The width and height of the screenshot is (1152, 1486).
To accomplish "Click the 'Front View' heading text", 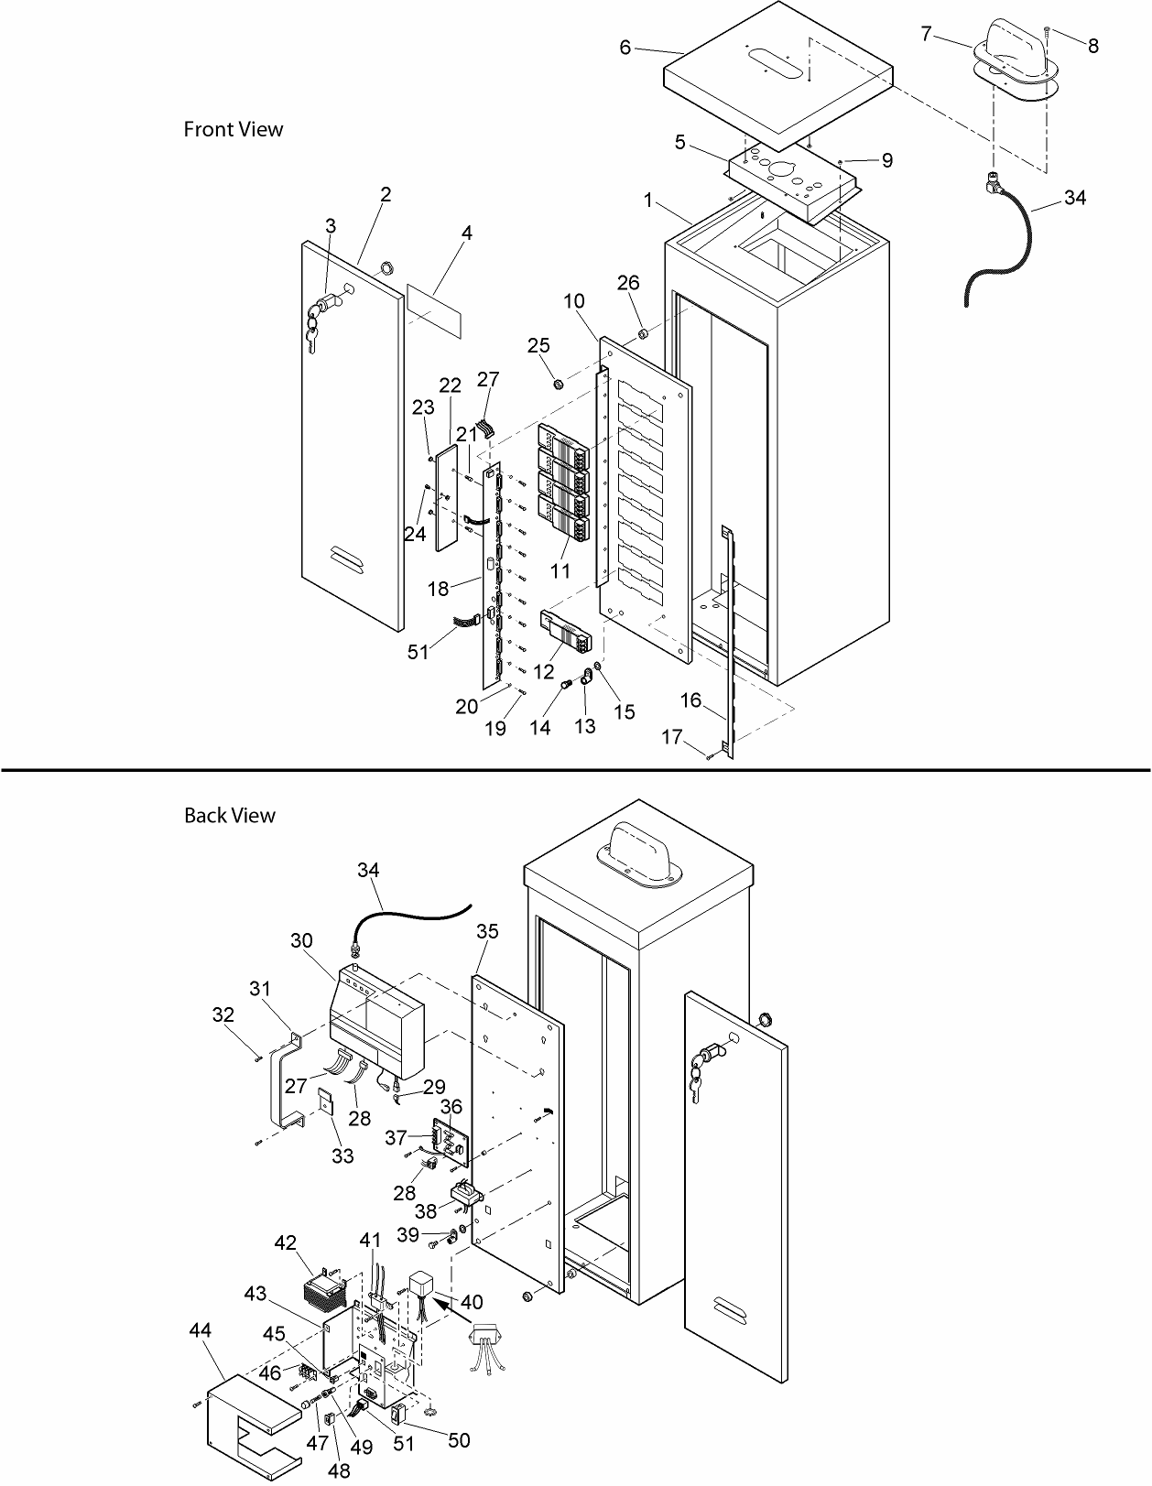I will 234,129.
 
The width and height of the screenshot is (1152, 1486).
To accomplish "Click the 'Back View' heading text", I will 229,815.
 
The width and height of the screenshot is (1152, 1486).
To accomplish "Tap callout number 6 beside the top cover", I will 625,48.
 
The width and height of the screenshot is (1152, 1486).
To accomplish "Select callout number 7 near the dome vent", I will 926,34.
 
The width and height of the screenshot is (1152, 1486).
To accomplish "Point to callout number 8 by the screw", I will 1093,46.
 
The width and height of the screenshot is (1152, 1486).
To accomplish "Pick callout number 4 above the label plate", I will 466,233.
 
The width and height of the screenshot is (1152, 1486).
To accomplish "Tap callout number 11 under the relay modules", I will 560,570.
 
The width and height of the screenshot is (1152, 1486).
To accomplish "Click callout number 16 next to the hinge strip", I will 690,700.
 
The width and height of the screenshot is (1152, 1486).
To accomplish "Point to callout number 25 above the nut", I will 538,344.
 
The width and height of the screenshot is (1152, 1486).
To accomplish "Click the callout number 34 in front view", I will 1075,197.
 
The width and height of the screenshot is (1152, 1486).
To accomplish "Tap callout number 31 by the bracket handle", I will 260,988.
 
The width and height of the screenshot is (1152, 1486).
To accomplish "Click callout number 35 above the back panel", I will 487,931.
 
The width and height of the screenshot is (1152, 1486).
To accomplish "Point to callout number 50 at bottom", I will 459,1440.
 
